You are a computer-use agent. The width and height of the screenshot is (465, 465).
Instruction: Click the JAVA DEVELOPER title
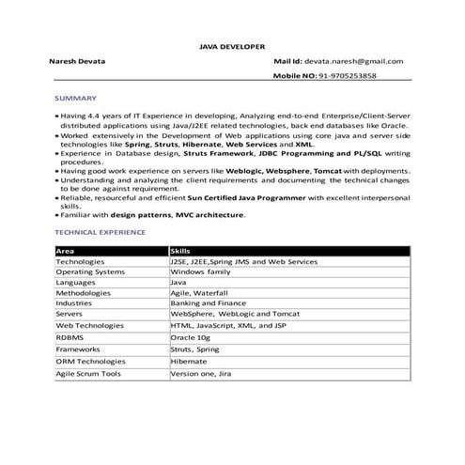coord(232,45)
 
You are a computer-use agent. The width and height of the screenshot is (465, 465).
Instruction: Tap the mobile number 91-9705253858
coord(348,75)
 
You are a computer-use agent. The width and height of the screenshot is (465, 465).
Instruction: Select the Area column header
coord(65,251)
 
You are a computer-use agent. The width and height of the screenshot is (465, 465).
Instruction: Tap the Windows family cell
coord(200,271)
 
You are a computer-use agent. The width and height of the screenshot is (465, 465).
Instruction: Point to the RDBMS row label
coord(70,336)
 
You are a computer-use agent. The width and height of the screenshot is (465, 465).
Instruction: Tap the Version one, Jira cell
coord(200,373)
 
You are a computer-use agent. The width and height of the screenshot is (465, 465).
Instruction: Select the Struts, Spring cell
coord(194,348)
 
